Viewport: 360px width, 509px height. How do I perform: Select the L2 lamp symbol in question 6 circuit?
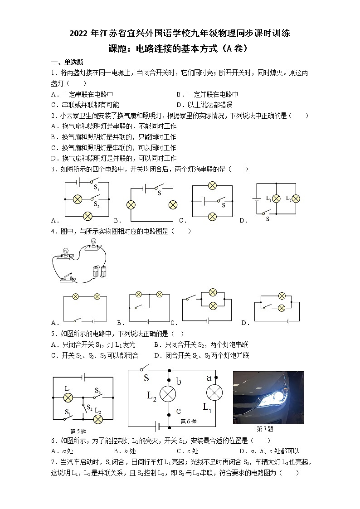(x=168, y=394)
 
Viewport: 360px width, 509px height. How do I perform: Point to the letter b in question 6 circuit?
(x=179, y=382)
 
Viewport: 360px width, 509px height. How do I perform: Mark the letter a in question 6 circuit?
(x=209, y=378)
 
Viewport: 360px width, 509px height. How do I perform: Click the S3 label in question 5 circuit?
(x=98, y=390)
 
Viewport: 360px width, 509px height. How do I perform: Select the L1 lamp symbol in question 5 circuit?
(x=68, y=398)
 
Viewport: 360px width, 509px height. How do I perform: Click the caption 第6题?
(x=189, y=422)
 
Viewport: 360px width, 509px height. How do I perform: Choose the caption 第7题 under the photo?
(x=265, y=429)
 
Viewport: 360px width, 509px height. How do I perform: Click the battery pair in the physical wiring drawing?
(x=99, y=271)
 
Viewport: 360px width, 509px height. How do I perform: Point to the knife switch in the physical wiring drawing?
(x=69, y=277)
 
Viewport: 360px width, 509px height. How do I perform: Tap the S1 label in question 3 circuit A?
(x=96, y=187)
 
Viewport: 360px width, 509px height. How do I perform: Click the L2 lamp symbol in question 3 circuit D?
(x=297, y=198)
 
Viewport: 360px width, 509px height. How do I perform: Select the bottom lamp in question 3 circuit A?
(x=88, y=217)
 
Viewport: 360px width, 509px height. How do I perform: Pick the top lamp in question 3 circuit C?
(x=212, y=185)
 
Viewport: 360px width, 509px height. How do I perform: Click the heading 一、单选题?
(x=67, y=62)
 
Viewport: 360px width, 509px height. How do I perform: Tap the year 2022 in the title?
(x=80, y=33)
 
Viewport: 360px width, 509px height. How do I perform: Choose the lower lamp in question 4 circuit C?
(x=212, y=306)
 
